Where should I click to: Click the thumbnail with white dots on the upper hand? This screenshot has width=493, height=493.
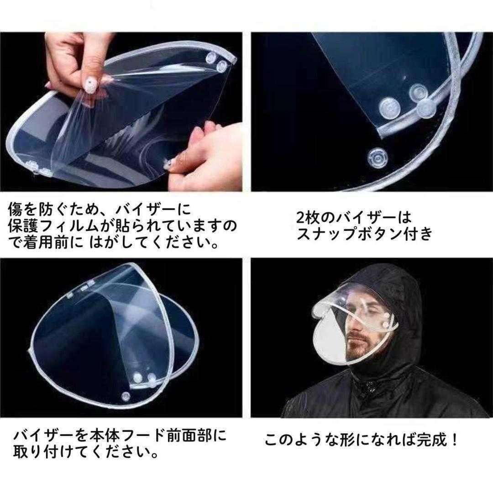91,84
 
